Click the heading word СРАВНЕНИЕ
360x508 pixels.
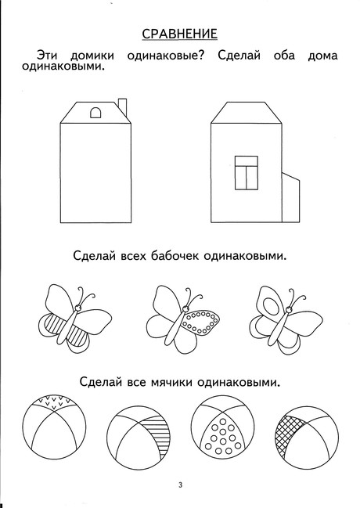pyautogui.click(x=180, y=34)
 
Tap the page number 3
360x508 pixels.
pyautogui.click(x=181, y=485)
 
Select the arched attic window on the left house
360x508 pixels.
pyautogui.click(x=95, y=113)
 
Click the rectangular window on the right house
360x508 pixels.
pyautogui.click(x=247, y=173)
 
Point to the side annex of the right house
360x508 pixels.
pyautogui.click(x=290, y=197)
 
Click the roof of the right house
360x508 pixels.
pyautogui.click(x=247, y=113)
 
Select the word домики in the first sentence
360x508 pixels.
pyautogui.click(x=92, y=56)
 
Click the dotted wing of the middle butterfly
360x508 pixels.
pyautogui.click(x=200, y=322)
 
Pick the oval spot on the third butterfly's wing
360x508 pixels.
pyautogui.click(x=270, y=306)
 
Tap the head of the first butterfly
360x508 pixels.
pyautogui.click(x=78, y=307)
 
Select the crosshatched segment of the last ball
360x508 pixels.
pyautogui.click(x=288, y=432)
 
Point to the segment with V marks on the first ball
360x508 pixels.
pyautogui.click(x=55, y=402)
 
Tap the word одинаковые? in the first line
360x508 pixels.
pyautogui.click(x=166, y=56)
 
